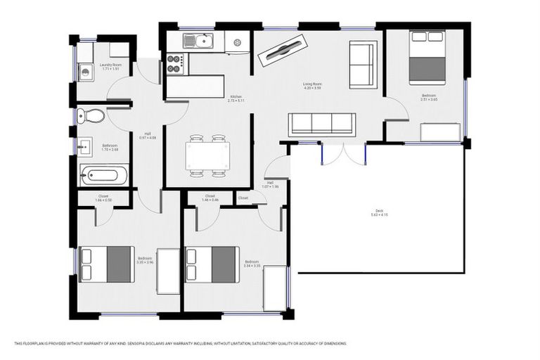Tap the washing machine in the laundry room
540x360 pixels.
tap(85, 71)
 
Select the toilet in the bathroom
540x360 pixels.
tap(90, 115)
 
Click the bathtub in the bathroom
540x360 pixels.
tap(104, 174)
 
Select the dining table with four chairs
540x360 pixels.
tap(207, 155)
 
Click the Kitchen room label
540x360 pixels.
tap(236, 98)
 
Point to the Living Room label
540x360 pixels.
tap(311, 84)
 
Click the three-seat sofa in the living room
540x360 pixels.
tap(322, 124)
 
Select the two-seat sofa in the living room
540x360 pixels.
tap(363, 65)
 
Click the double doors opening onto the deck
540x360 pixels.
tap(344, 153)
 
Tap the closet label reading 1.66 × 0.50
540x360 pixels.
tap(103, 198)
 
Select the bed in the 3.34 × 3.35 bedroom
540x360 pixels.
tap(212, 264)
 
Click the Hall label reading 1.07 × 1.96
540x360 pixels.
tap(270, 184)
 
